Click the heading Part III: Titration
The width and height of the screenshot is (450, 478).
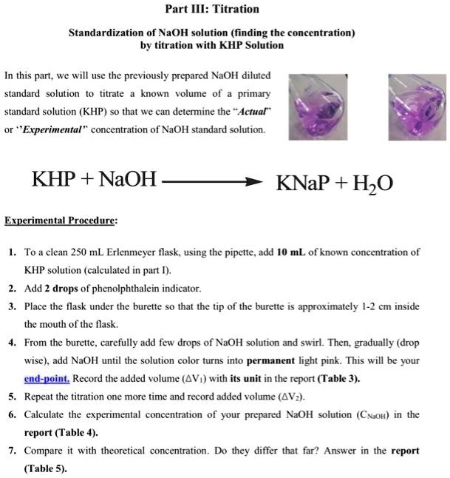[x=212, y=9]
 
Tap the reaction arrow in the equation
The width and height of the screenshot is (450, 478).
[x=210, y=180]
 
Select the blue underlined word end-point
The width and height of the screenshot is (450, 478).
[x=47, y=377]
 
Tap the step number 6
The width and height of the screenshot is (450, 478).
[x=12, y=414]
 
